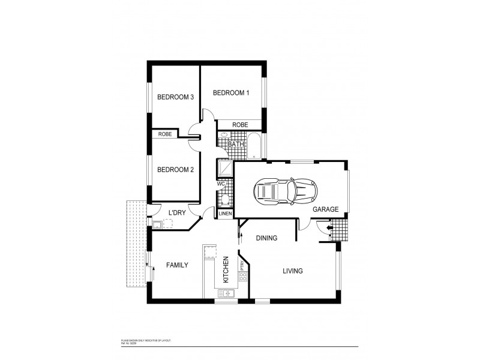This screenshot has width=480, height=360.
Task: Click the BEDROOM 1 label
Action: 231,93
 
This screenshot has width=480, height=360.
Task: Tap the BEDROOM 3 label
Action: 175,98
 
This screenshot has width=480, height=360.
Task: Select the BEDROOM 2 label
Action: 175,170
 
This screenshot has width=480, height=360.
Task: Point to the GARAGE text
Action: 325,209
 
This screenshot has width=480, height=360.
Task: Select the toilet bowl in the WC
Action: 223,200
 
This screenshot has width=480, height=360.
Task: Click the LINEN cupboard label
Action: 225,214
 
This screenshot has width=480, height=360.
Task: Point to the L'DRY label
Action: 176,213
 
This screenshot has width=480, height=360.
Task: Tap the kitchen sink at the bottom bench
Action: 227,293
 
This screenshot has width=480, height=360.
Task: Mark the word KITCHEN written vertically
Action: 226,269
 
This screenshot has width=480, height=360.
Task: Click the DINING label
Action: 266,238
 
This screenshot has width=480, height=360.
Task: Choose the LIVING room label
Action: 293,271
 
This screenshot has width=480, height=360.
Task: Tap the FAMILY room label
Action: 178,265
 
